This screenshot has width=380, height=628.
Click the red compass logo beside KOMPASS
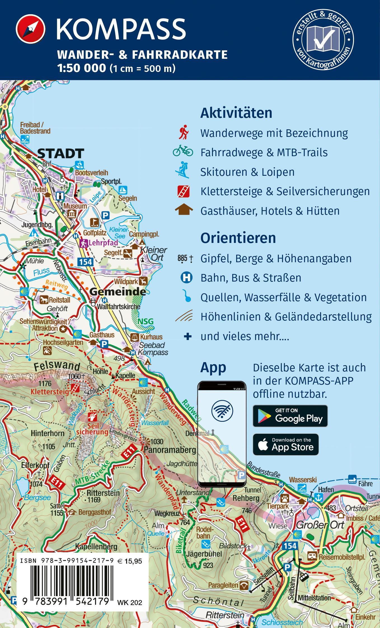31,29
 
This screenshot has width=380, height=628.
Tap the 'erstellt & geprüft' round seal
323,39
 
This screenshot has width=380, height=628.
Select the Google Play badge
290,416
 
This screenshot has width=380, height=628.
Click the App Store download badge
286,444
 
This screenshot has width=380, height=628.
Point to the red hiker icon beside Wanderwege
184,133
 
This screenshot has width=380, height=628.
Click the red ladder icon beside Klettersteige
184,191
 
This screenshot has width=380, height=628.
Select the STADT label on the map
60,154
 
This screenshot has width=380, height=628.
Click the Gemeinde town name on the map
118,292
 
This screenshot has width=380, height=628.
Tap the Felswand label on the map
57,365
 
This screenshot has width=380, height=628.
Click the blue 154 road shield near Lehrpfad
85,262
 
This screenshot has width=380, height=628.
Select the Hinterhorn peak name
48,433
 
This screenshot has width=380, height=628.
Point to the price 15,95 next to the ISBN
133,561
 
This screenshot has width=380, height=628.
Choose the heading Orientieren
238,238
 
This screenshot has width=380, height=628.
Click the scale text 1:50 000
82,68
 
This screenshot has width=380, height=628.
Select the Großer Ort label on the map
320,525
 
